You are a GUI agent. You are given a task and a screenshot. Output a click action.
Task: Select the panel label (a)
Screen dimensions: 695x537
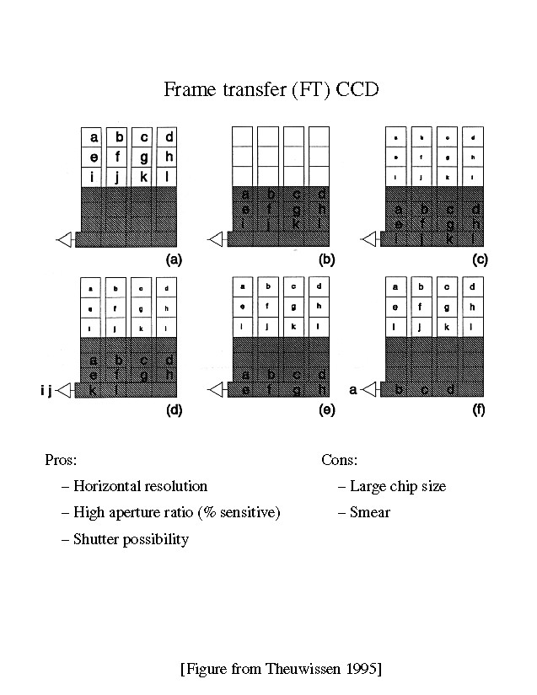tap(175, 259)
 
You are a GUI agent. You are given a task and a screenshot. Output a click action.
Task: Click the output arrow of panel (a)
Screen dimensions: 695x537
tap(64, 241)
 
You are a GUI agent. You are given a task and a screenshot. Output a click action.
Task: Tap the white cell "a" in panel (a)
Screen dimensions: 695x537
tap(94, 137)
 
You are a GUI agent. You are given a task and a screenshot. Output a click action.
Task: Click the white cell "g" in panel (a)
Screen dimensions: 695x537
tap(144, 157)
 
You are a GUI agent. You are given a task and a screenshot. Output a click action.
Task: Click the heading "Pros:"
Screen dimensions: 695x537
tap(60, 461)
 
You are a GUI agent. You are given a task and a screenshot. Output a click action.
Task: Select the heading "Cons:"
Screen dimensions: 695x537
tap(340, 461)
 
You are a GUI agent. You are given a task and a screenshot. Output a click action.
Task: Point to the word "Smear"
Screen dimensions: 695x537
tap(370, 511)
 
